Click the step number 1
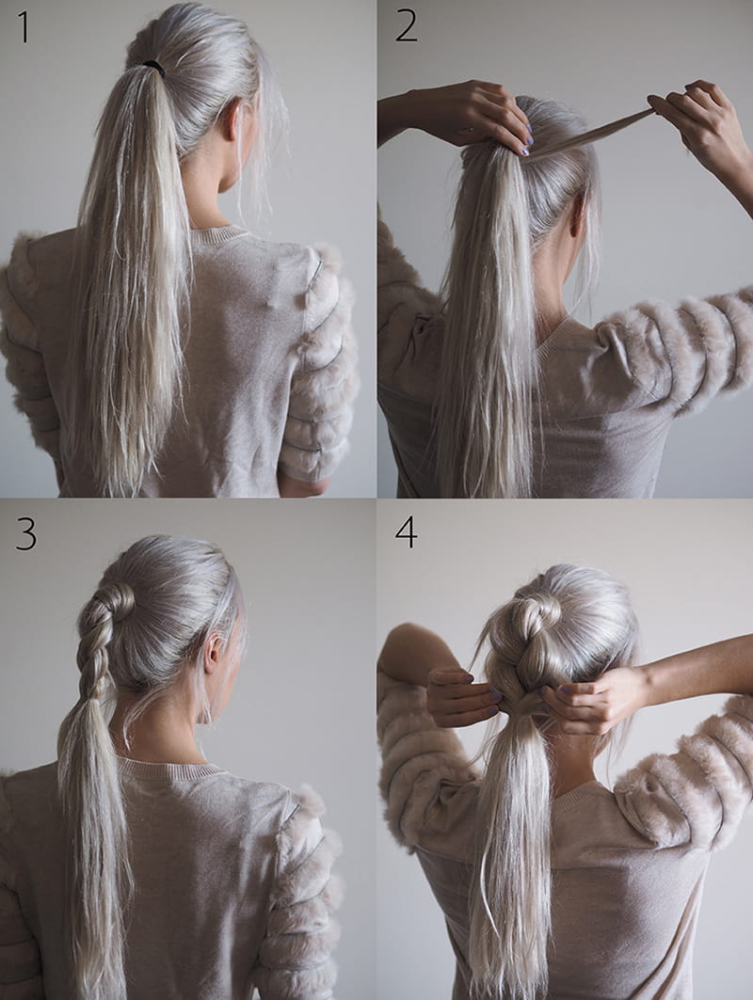[24, 26]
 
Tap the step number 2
[406, 26]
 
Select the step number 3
[26, 533]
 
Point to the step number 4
[406, 532]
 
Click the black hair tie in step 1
[153, 67]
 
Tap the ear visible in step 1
[233, 122]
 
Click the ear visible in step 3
[215, 650]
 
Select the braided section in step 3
[96, 644]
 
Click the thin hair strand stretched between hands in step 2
[590, 133]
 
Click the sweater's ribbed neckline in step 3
[172, 770]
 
